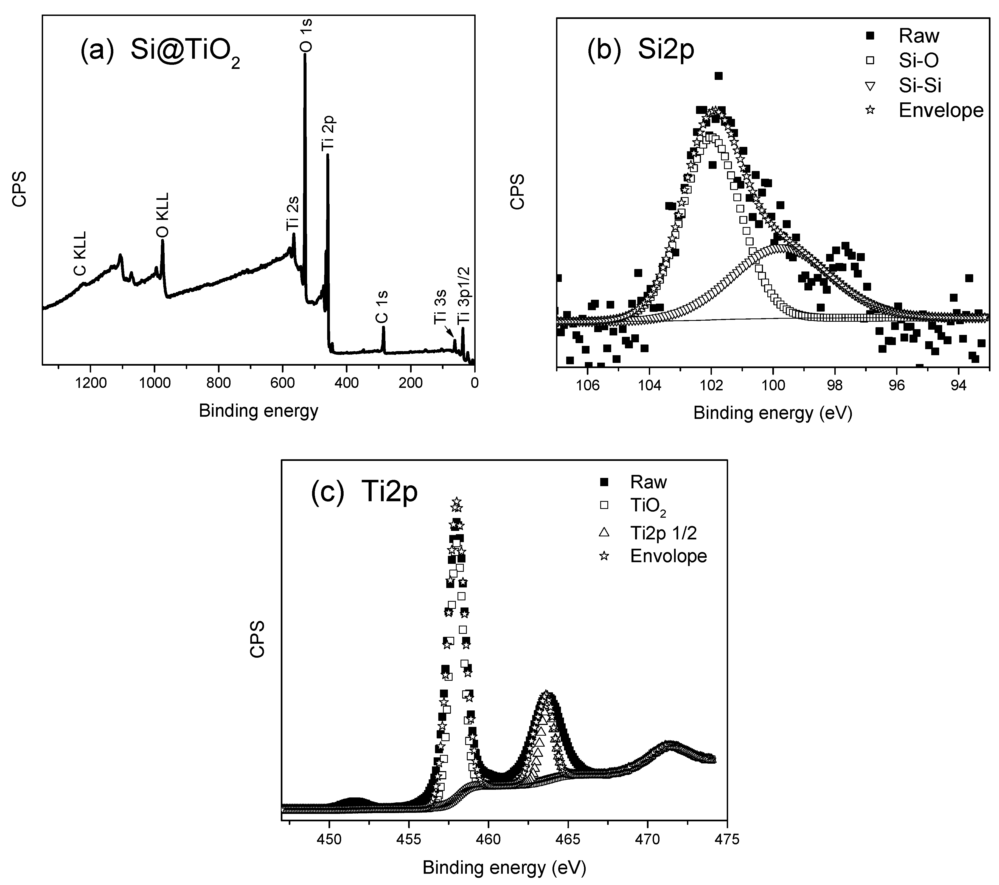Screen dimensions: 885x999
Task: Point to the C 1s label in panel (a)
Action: pyautogui.click(x=382, y=307)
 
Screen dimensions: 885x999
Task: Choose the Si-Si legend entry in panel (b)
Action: pyautogui.click(x=919, y=86)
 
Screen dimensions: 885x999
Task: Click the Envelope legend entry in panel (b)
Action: pyautogui.click(x=940, y=111)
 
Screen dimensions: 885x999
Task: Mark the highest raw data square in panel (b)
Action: pyautogui.click(x=719, y=76)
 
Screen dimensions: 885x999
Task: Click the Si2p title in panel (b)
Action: pyautogui.click(x=666, y=50)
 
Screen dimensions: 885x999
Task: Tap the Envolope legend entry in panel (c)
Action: pyautogui.click(x=668, y=556)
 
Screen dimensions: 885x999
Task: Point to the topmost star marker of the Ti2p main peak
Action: pyautogui.click(x=456, y=502)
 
